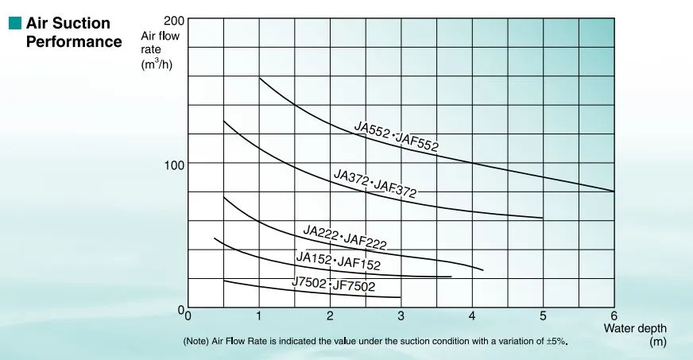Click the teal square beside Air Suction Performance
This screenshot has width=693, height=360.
[14, 25]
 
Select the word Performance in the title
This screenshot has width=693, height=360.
[74, 41]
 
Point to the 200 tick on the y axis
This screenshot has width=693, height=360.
[173, 20]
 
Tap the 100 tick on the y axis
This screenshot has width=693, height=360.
[173, 164]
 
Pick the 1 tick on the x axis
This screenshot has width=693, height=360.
[259, 316]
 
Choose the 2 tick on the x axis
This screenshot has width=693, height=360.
[330, 316]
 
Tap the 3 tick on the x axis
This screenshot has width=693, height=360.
[401, 316]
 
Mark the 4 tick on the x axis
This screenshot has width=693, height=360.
[472, 316]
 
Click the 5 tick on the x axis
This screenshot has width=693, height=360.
[543, 316]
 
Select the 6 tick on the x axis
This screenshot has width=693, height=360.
[614, 316]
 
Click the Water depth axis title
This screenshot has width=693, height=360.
[635, 328]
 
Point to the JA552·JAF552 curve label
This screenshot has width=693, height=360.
[396, 136]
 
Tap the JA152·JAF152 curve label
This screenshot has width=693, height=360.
[339, 260]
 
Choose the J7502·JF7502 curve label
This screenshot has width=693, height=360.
[333, 285]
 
